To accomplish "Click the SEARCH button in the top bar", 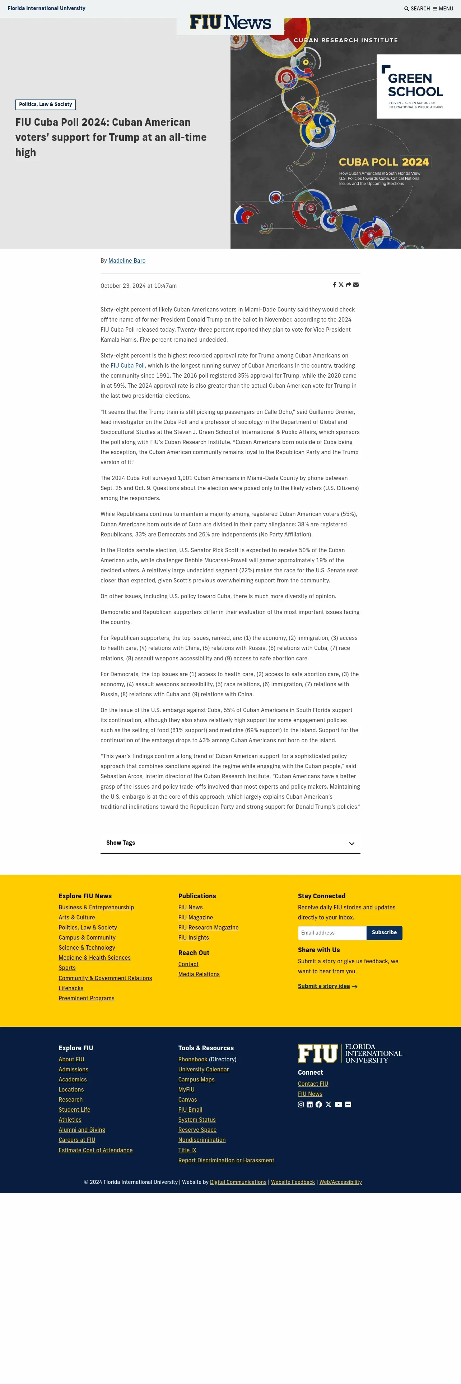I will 417,9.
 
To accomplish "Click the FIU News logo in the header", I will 230,23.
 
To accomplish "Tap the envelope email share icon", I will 356,285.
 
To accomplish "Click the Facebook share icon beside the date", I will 334,285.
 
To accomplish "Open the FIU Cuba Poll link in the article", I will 128,366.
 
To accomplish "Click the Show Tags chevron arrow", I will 351,844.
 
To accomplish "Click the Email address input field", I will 332,933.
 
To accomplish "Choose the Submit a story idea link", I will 324,986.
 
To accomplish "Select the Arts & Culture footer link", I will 77,918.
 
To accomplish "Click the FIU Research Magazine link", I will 208,928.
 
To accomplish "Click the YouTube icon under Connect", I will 338,1104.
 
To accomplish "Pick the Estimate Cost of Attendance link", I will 96,1150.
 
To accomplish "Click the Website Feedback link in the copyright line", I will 293,1182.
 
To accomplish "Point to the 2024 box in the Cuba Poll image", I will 415,162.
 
